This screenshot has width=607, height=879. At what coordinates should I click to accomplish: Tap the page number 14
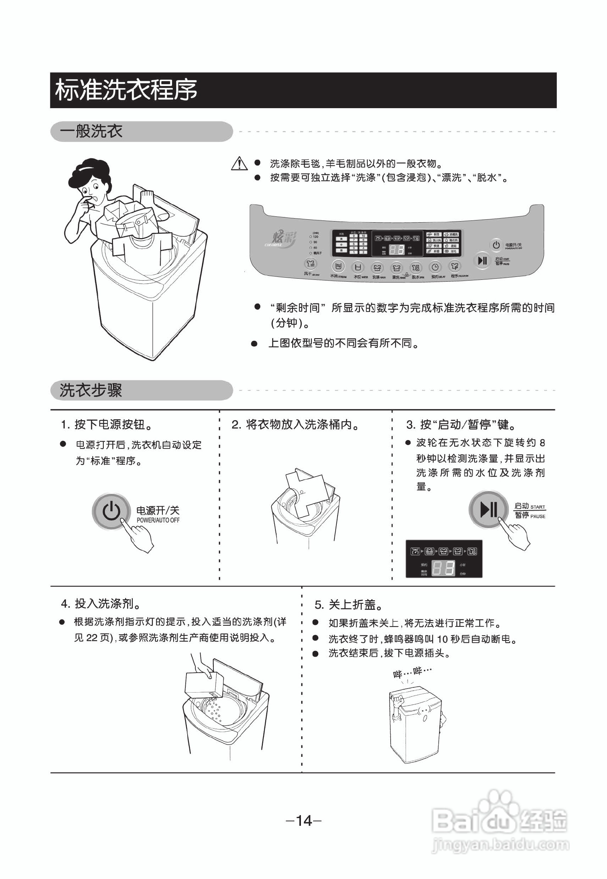click(x=303, y=820)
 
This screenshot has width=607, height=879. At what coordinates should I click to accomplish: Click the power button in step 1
click(x=111, y=511)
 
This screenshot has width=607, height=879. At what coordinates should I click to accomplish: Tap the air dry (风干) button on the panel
click(x=311, y=264)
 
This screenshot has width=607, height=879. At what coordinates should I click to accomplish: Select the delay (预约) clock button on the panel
click(x=435, y=267)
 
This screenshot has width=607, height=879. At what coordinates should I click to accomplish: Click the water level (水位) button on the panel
click(x=357, y=267)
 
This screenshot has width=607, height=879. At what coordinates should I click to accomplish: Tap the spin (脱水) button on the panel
click(x=416, y=267)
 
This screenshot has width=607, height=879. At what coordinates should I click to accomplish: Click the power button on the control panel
click(x=496, y=245)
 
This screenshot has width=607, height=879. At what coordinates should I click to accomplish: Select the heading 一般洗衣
click(x=91, y=131)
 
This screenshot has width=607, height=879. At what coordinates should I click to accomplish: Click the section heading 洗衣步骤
click(x=91, y=391)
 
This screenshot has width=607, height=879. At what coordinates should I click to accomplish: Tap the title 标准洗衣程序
click(x=126, y=90)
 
